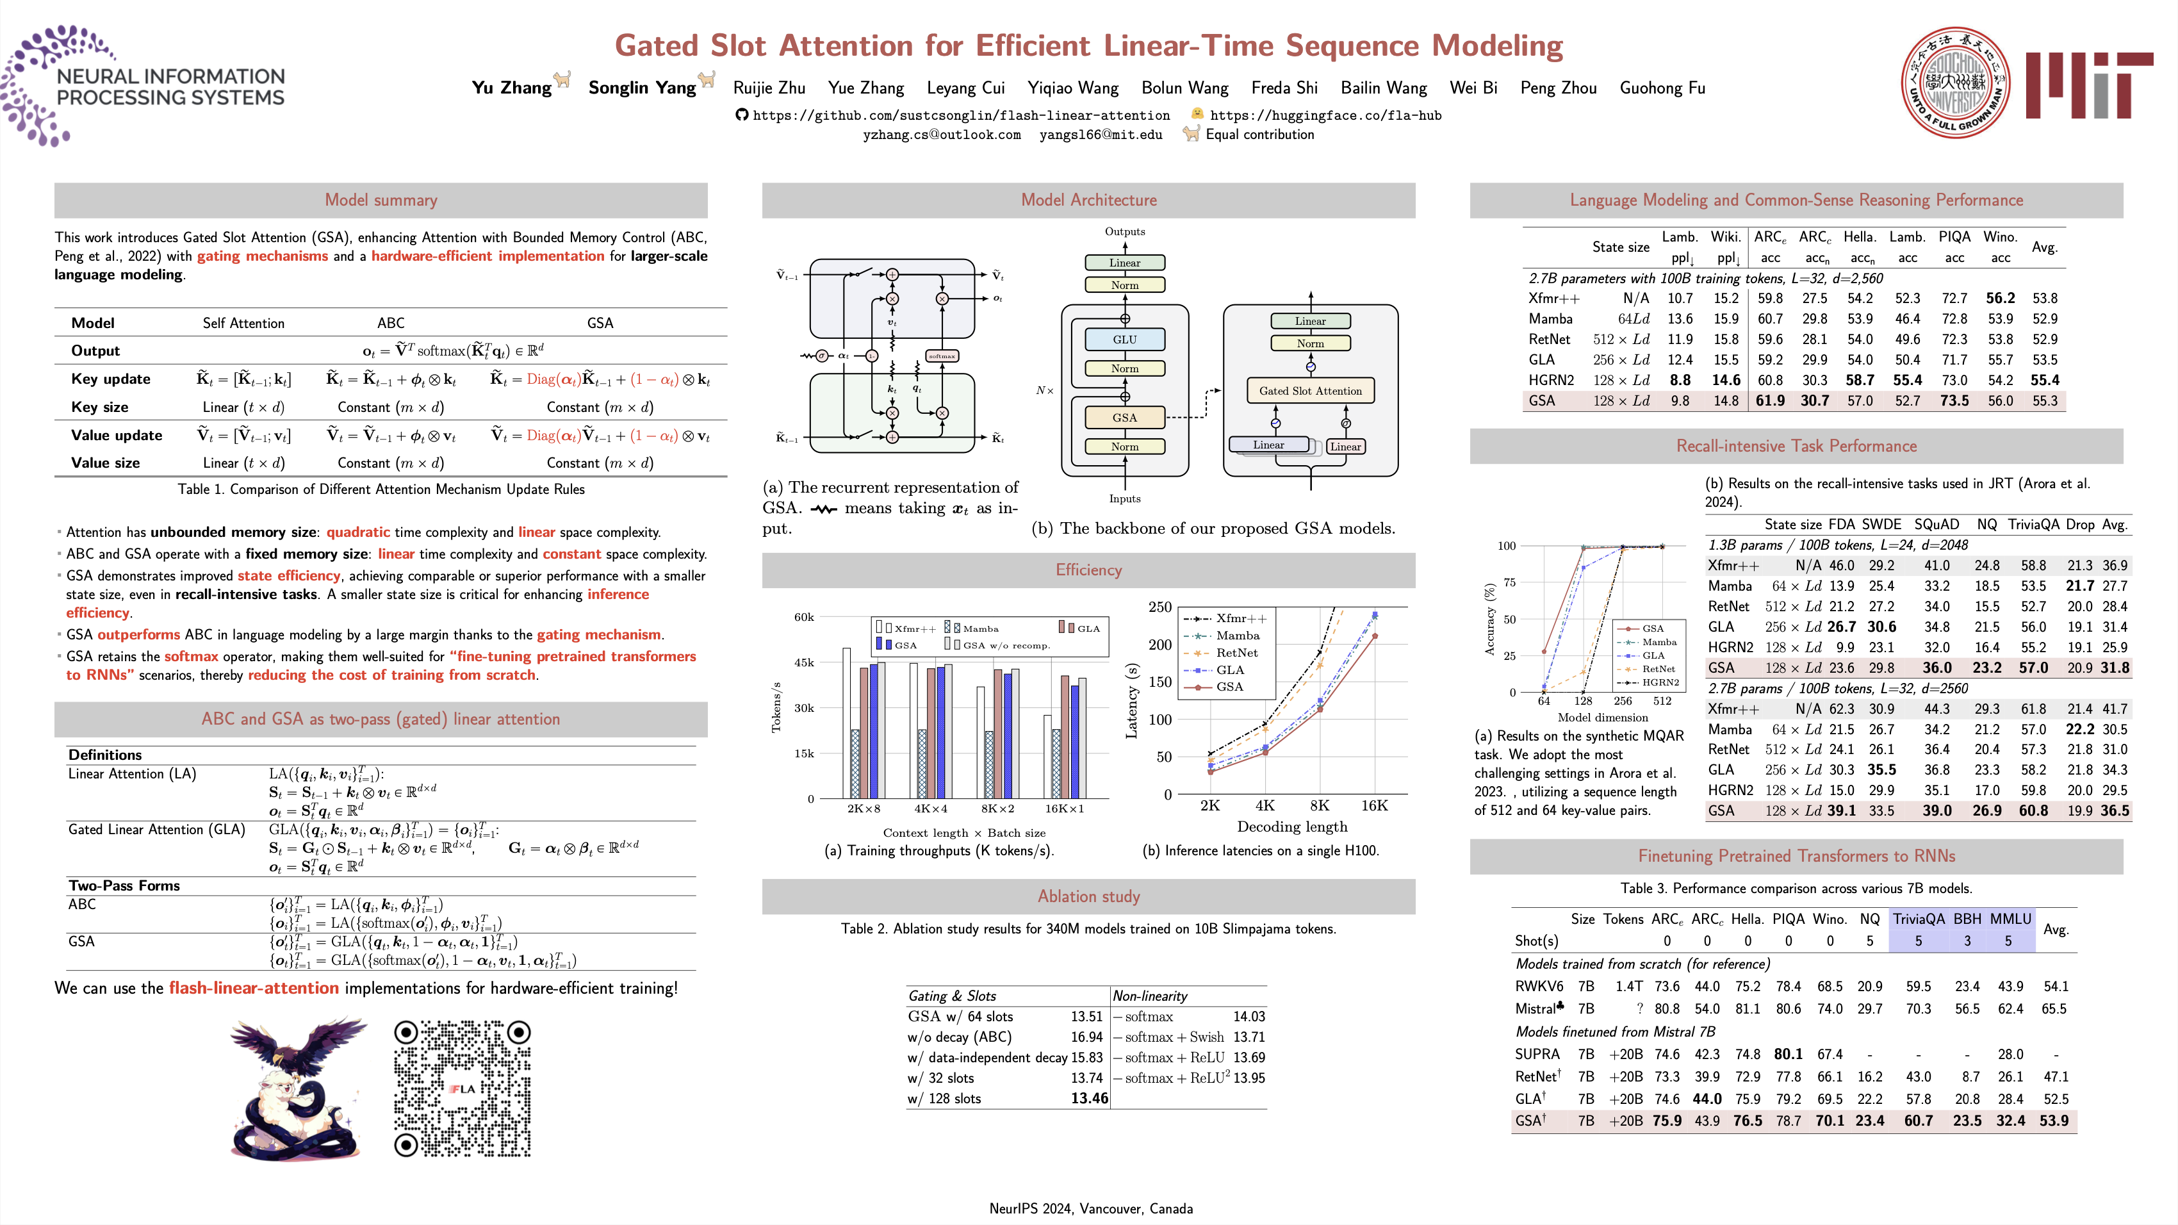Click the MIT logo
(2088, 85)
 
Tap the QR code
(462, 1088)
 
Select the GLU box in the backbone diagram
(1124, 340)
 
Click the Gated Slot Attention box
(1309, 391)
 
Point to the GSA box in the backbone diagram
(1124, 418)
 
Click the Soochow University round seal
(1955, 83)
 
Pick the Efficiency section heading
(1088, 570)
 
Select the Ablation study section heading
(1088, 896)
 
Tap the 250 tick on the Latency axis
(1159, 607)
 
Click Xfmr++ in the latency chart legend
(1241, 618)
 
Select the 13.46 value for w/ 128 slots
(1089, 1098)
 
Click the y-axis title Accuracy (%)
(1490, 619)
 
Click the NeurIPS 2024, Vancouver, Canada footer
(1091, 1208)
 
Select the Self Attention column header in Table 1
(243, 323)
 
